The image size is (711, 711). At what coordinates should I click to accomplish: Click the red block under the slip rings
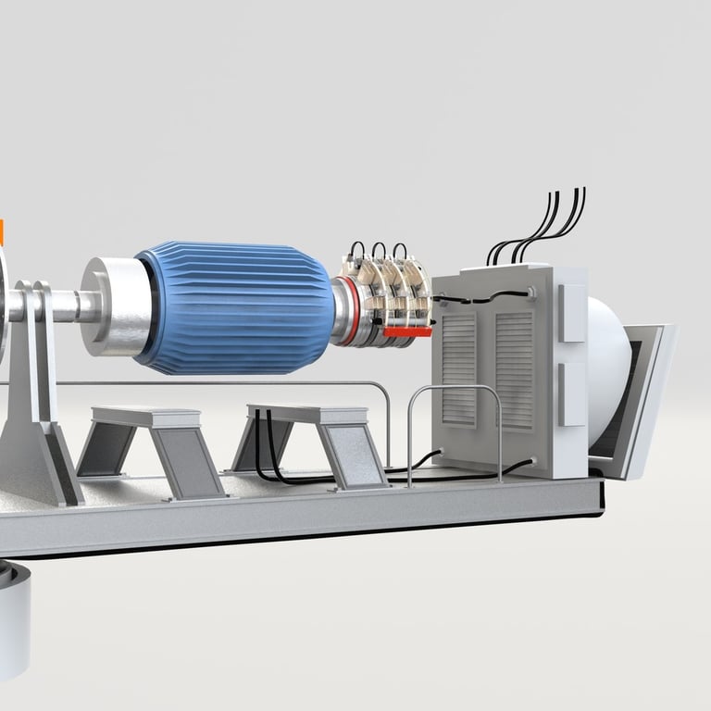pyautogui.click(x=407, y=330)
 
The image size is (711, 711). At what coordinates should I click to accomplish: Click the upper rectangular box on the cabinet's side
pyautogui.click(x=572, y=313)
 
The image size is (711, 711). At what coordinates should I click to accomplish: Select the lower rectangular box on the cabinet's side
pyautogui.click(x=572, y=393)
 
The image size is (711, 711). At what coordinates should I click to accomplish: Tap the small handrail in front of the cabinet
pyautogui.click(x=454, y=407)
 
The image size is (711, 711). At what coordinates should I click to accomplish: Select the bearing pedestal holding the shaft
pyautogui.click(x=37, y=398)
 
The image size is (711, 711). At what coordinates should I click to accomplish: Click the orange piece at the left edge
pyautogui.click(x=2, y=232)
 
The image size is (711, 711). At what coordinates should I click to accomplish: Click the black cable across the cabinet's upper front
pyautogui.click(x=481, y=297)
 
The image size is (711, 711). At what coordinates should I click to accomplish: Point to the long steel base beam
pyautogui.click(x=306, y=523)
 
